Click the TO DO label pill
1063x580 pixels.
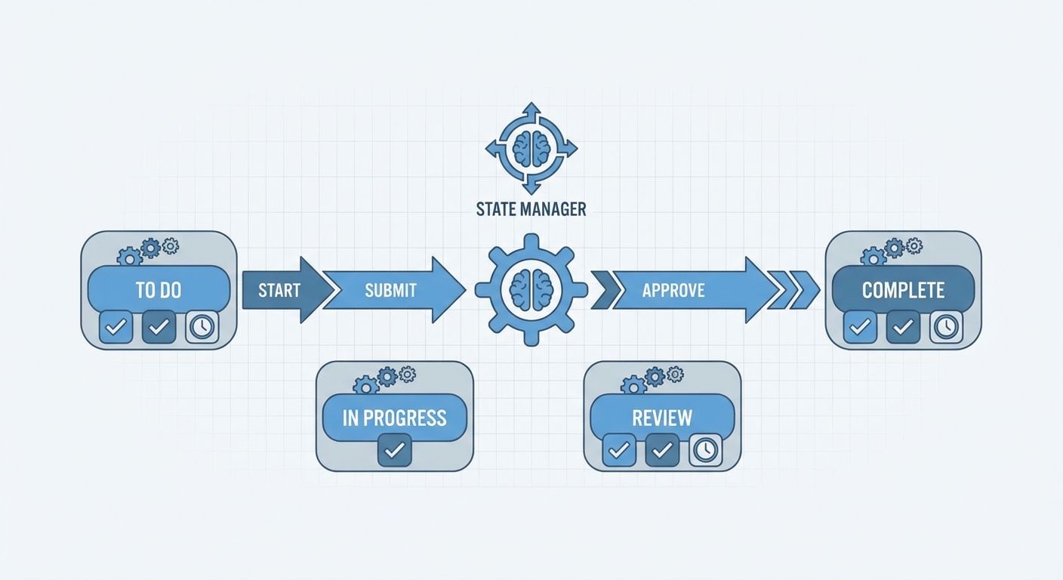click(x=159, y=289)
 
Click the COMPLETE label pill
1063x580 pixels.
click(x=903, y=289)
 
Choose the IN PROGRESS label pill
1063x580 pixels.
click(x=394, y=418)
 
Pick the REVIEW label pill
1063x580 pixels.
click(x=662, y=418)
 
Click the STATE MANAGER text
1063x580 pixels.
click(x=531, y=209)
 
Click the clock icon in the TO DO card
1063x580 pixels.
click(x=202, y=327)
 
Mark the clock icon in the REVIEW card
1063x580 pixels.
click(x=705, y=450)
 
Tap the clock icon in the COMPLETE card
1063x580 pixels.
click(x=946, y=327)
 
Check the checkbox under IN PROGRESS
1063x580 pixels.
click(x=394, y=450)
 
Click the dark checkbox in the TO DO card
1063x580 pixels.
click(x=159, y=327)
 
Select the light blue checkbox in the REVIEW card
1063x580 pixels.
click(x=619, y=450)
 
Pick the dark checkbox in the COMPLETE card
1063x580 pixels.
click(x=903, y=327)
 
